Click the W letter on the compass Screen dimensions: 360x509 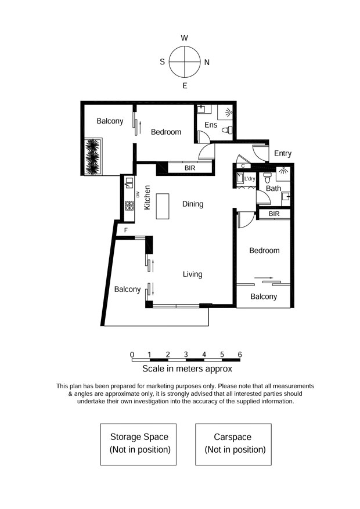(x=185, y=38)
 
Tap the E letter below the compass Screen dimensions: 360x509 (x=185, y=86)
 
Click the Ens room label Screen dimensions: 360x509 (x=211, y=125)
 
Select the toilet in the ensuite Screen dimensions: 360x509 (x=227, y=130)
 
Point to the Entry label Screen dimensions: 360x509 (x=283, y=153)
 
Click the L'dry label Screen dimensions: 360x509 (x=250, y=179)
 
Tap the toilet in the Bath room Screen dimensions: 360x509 (x=267, y=178)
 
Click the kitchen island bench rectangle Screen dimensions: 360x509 (x=163, y=206)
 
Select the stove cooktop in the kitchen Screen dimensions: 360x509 (x=129, y=205)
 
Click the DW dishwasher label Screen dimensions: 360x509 (x=138, y=195)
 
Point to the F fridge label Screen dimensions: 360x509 (x=126, y=230)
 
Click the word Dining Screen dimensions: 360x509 (x=193, y=204)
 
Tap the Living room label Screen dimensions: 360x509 (x=193, y=275)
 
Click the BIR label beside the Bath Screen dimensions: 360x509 (x=274, y=214)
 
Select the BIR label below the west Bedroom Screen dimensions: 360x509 (x=190, y=168)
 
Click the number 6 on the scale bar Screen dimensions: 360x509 (x=240, y=355)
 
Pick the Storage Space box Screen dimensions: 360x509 (x=138, y=445)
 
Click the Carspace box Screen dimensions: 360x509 (x=233, y=445)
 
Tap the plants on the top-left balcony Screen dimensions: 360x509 (x=92, y=157)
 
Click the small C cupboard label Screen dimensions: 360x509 (x=243, y=166)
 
